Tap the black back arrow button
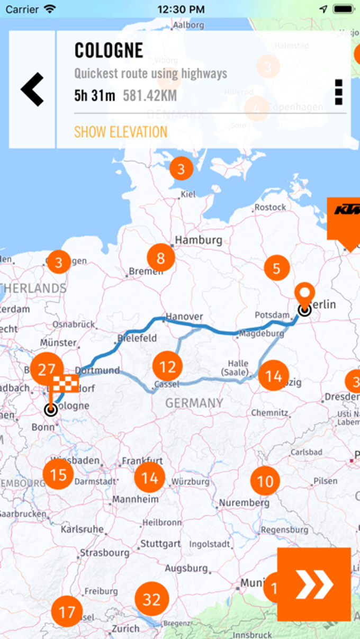coord(32,89)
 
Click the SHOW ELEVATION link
coord(121,132)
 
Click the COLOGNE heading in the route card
coord(109,51)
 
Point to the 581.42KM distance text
coord(150,96)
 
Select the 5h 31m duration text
coord(95,96)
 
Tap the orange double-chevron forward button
coord(314,584)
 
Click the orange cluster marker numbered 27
coord(47,370)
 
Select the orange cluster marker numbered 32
coord(151,599)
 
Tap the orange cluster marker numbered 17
coord(67,613)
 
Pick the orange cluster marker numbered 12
coord(167,366)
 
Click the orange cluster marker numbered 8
coord(161,258)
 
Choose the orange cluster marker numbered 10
coord(265,481)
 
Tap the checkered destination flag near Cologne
coord(65,382)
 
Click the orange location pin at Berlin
coord(304,294)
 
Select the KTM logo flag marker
coord(344,219)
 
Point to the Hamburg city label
coord(199,240)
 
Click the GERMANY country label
coord(194,403)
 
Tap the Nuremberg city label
coord(244,502)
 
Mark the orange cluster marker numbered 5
coord(277,268)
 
